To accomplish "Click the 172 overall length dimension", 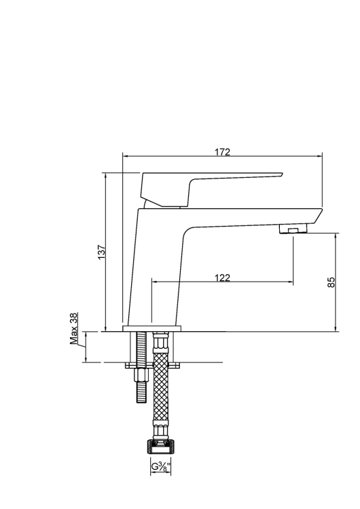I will [222, 151].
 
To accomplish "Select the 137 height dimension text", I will [101, 253].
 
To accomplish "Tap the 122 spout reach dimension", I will [222, 278].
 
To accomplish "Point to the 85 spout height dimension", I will [331, 282].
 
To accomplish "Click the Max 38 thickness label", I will [74, 328].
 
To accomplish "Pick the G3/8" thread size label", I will [160, 467].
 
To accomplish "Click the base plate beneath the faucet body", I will [153, 328].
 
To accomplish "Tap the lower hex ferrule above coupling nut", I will [160, 431].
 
